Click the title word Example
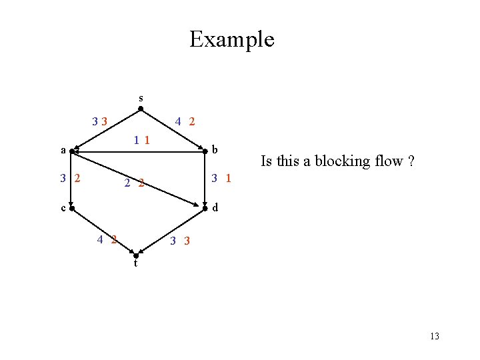click(x=231, y=39)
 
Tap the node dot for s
click(x=140, y=108)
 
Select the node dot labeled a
click(x=72, y=151)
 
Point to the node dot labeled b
click(x=205, y=152)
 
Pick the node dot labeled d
click(x=205, y=209)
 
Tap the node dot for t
click(x=136, y=256)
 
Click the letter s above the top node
click(x=140, y=98)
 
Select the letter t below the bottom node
click(x=135, y=264)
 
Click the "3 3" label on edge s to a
click(x=101, y=121)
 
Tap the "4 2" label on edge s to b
click(x=185, y=121)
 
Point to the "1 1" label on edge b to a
click(x=141, y=140)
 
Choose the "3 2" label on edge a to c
click(x=70, y=178)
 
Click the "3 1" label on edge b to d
click(x=221, y=178)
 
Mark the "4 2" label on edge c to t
click(x=107, y=239)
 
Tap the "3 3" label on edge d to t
click(x=179, y=241)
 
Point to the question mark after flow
click(x=411, y=161)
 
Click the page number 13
click(x=435, y=336)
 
